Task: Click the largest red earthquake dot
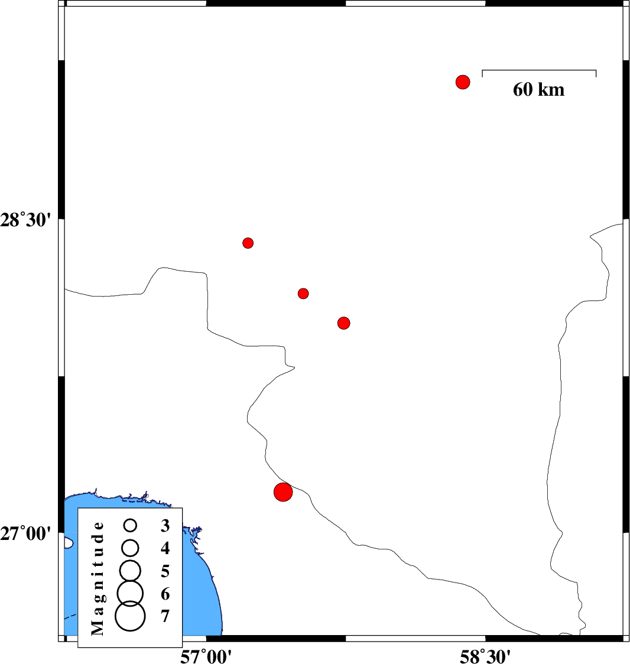[x=283, y=492]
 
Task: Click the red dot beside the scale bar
[x=463, y=82]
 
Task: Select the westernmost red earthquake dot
[x=248, y=243]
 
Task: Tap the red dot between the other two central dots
[x=303, y=294]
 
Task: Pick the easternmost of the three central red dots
[x=344, y=323]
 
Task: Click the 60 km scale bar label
[x=538, y=90]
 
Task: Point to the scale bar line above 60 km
[x=539, y=70]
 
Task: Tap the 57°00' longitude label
[x=206, y=654]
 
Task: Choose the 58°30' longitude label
[x=485, y=654]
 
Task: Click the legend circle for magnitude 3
[x=131, y=525]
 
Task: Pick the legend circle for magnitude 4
[x=131, y=548]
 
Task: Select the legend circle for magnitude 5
[x=131, y=570]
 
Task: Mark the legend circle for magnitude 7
[x=131, y=616]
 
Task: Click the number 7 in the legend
[x=165, y=616]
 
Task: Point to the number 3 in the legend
[x=165, y=525]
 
